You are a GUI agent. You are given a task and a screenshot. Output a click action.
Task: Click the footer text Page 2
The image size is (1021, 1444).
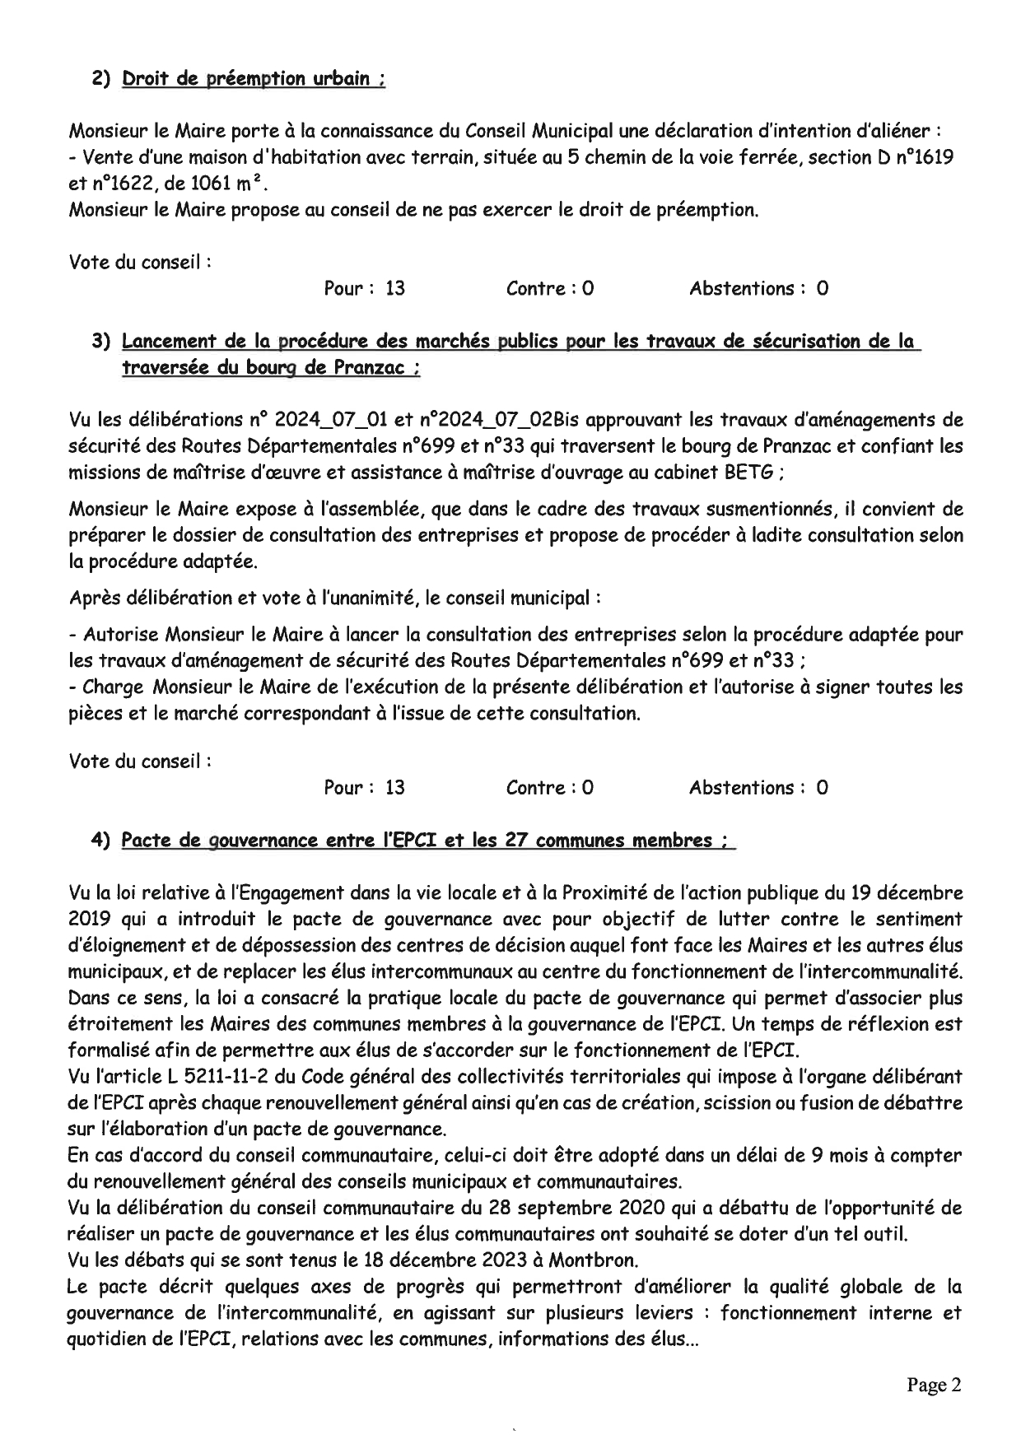pos(934,1385)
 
